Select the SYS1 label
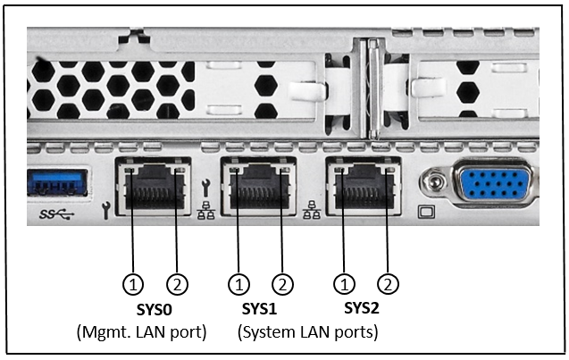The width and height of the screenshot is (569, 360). (261, 311)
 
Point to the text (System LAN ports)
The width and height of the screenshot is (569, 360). (307, 332)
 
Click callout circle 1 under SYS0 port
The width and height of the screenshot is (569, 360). (133, 285)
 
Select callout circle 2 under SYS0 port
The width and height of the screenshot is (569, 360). (177, 285)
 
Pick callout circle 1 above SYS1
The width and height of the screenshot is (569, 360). (238, 285)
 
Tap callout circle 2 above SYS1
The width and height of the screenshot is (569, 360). (282, 285)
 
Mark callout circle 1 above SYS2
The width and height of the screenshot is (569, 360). (344, 285)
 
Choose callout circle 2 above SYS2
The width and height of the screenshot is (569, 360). (388, 285)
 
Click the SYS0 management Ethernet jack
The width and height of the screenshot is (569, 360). (155, 186)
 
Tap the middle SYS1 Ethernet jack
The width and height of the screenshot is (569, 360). (260, 186)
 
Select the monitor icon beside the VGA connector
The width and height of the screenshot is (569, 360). (427, 214)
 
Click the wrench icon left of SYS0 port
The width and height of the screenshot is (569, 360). (108, 213)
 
